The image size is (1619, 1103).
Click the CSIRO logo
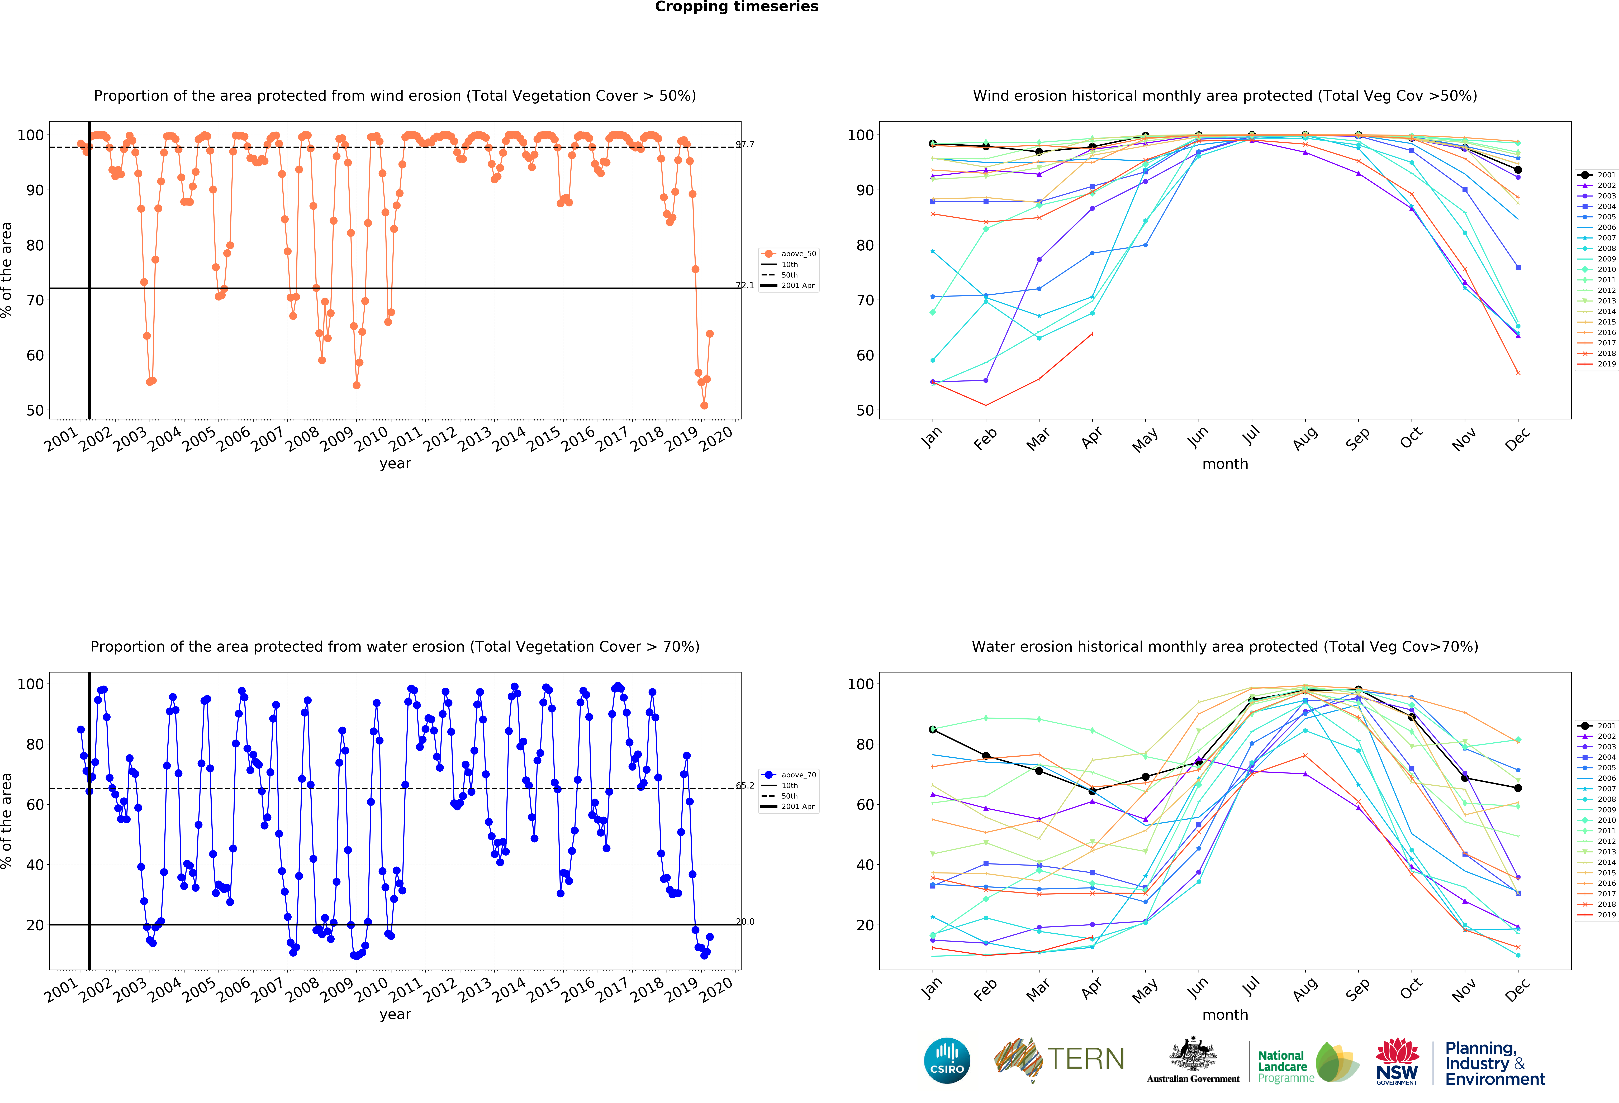click(x=947, y=1061)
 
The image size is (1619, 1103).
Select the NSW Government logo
click(x=1397, y=1061)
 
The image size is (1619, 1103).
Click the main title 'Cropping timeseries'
click(x=736, y=7)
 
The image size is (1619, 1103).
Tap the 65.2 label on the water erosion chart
click(x=745, y=785)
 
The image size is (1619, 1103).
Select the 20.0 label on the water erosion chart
click(x=745, y=921)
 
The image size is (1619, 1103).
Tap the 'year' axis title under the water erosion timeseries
click(x=395, y=1015)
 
